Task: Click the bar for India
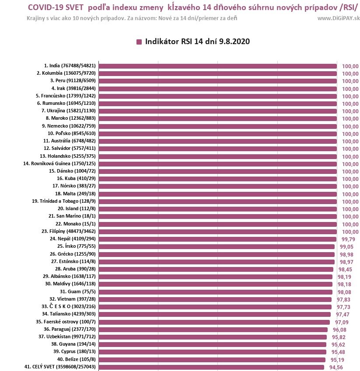[x=217, y=66]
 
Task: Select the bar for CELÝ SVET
[x=212, y=367]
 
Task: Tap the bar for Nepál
[x=217, y=239]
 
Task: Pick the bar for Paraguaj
[x=213, y=329]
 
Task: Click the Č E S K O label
[x=69, y=307]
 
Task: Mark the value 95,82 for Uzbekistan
[x=342, y=337]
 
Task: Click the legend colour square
[x=139, y=42]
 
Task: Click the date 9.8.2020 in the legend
[x=235, y=42]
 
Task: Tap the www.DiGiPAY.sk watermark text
[x=339, y=18]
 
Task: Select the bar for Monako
[x=217, y=224]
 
